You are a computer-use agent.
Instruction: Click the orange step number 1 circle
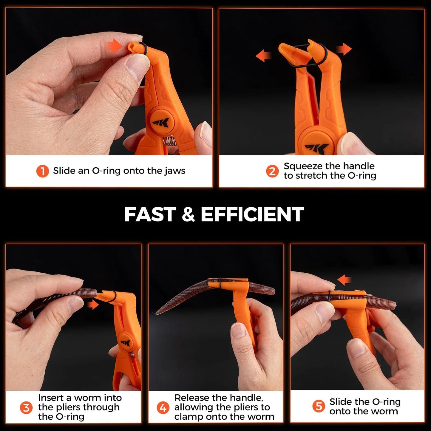[42, 171]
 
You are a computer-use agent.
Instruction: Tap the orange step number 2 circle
[272, 171]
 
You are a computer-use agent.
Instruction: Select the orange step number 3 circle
[26, 407]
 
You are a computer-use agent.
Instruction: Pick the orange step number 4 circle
[163, 407]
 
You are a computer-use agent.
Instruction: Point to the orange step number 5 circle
[319, 406]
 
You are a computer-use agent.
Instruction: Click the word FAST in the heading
[150, 214]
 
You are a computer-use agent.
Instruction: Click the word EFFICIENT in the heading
[252, 214]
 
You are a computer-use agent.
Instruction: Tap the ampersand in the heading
[188, 215]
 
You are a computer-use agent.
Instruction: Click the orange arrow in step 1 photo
[115, 47]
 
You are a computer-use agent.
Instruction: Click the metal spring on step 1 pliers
[169, 141]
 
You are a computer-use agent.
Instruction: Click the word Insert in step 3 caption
[51, 398]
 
